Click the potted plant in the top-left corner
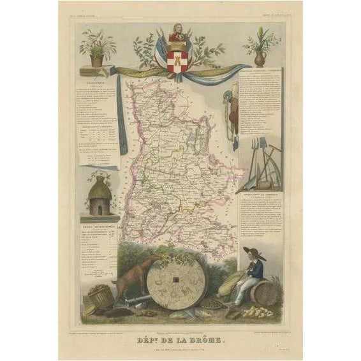[97, 50]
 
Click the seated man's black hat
[251, 252]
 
